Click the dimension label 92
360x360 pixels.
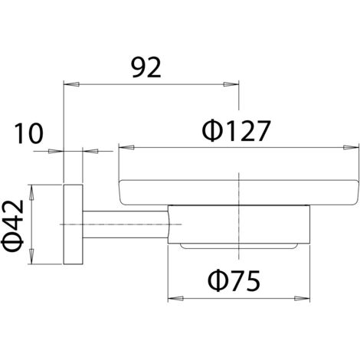(x=146, y=67)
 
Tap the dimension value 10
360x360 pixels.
(x=28, y=133)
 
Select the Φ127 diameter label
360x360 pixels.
(x=236, y=131)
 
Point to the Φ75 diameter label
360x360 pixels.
(x=234, y=281)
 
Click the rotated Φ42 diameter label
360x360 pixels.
(x=13, y=226)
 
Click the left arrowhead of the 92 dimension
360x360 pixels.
(x=71, y=84)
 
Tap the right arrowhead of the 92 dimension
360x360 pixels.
(x=231, y=84)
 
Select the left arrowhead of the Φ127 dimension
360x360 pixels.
(x=126, y=147)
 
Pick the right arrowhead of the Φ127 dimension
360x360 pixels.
(x=351, y=147)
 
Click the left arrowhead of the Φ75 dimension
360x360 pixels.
(x=175, y=299)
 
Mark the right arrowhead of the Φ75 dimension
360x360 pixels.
(x=302, y=299)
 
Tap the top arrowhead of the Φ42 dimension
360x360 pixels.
(x=31, y=192)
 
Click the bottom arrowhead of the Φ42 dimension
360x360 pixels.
(x=31, y=257)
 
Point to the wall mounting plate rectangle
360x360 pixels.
(x=73, y=224)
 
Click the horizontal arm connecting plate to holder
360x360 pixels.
(x=125, y=224)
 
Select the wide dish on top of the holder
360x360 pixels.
(x=238, y=192)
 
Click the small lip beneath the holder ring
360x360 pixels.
(x=238, y=246)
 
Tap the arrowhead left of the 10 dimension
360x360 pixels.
(x=56, y=151)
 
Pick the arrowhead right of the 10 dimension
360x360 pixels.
(x=90, y=151)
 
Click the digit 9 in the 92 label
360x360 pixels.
(x=139, y=67)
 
